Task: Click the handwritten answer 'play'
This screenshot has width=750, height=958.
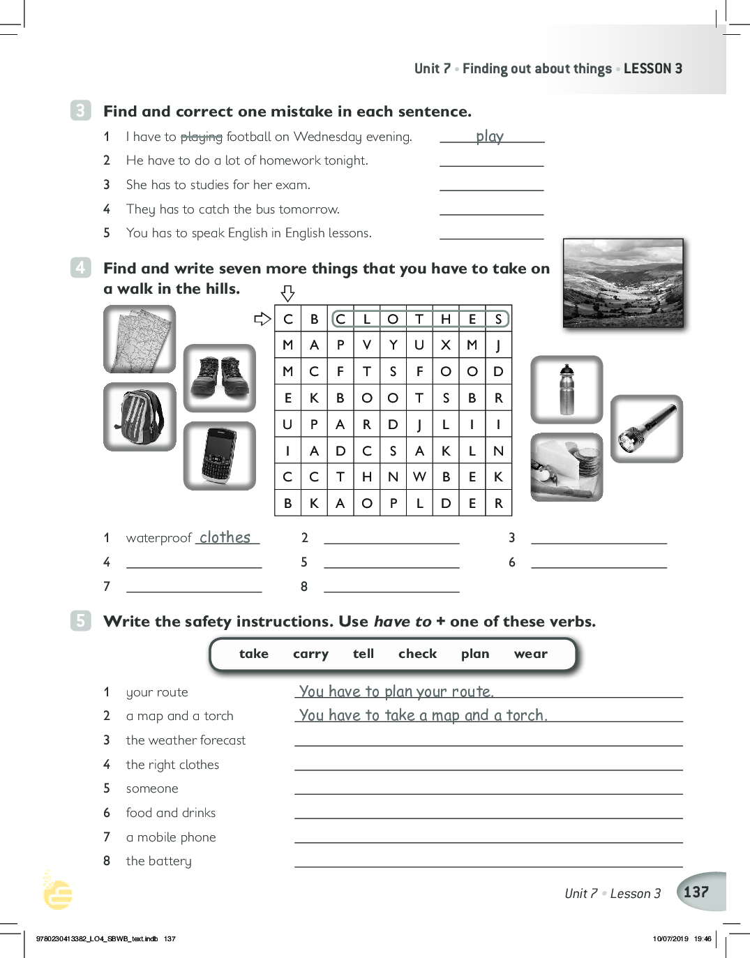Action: pyautogui.click(x=490, y=137)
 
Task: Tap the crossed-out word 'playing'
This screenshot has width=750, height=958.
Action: pyautogui.click(x=201, y=137)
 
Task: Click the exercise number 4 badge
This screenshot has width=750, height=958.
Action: pyautogui.click(x=80, y=268)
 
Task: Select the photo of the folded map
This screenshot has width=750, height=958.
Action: pyautogui.click(x=140, y=340)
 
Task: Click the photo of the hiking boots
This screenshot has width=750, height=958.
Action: pyautogui.click(x=220, y=378)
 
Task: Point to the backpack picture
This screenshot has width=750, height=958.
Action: pyautogui.click(x=140, y=417)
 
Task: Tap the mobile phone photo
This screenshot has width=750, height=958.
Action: pyautogui.click(x=220, y=456)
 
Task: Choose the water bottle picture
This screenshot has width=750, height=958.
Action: pyautogui.click(x=567, y=389)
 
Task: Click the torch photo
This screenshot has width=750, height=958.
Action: pyautogui.click(x=646, y=428)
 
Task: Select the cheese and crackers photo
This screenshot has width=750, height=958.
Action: pyautogui.click(x=567, y=467)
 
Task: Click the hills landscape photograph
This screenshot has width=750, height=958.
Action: pyautogui.click(x=623, y=283)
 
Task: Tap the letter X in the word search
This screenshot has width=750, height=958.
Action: pyautogui.click(x=446, y=345)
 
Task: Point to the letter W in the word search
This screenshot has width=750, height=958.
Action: pyautogui.click(x=419, y=477)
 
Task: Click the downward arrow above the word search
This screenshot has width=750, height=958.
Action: pyautogui.click(x=287, y=293)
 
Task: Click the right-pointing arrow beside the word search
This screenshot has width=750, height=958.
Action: pyautogui.click(x=262, y=319)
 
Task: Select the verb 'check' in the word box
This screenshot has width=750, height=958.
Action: pyautogui.click(x=417, y=654)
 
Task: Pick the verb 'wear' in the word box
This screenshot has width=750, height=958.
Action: pyautogui.click(x=530, y=654)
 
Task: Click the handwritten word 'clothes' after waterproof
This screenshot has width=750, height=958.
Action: pyautogui.click(x=225, y=537)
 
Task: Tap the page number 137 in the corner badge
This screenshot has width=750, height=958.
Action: pyautogui.click(x=696, y=892)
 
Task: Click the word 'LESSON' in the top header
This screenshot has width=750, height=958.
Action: pyautogui.click(x=647, y=68)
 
